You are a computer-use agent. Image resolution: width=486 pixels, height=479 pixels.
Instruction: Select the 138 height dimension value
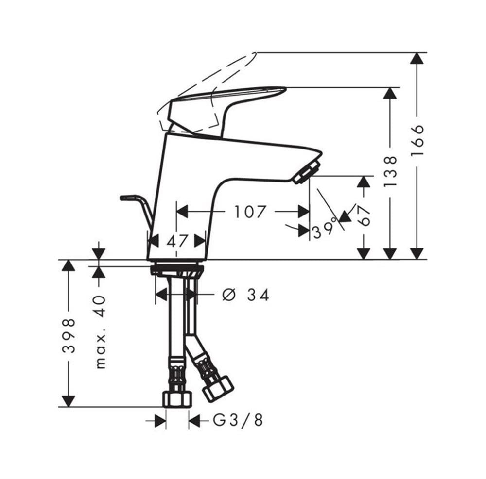(390, 171)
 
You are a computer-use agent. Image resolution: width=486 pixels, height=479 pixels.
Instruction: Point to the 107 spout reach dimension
(250, 212)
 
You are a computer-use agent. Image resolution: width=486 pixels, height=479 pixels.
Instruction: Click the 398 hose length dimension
(69, 335)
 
